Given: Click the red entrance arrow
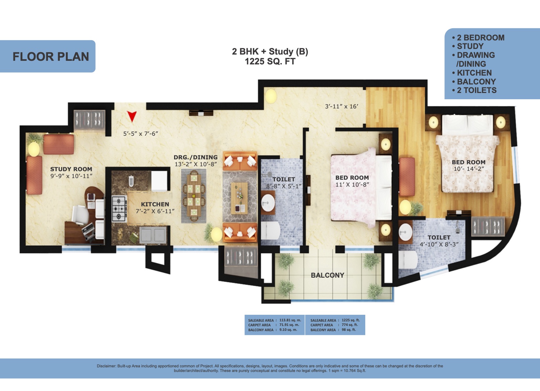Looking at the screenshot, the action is [x=132, y=116].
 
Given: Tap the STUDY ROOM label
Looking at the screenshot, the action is [x=71, y=169].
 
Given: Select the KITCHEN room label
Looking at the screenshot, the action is [x=155, y=204].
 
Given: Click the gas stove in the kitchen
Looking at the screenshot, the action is [x=119, y=209].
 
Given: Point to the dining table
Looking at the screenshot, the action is [x=194, y=195].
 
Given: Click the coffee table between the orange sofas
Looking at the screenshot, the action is [x=239, y=198].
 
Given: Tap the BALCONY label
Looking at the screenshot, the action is [x=327, y=275].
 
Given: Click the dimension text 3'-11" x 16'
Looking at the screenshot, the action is [x=342, y=106].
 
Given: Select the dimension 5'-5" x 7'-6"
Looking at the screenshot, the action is [x=141, y=134].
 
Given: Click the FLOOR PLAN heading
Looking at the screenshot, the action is [x=51, y=57].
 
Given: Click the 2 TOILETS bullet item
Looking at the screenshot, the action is [x=474, y=90].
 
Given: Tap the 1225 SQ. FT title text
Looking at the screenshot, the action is [x=270, y=61].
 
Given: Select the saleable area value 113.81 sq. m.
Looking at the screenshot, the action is [x=290, y=320].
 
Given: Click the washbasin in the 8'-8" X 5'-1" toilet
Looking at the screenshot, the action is [x=268, y=203].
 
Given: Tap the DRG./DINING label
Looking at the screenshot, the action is [x=195, y=157].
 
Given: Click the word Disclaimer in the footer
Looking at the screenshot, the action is [x=106, y=366].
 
